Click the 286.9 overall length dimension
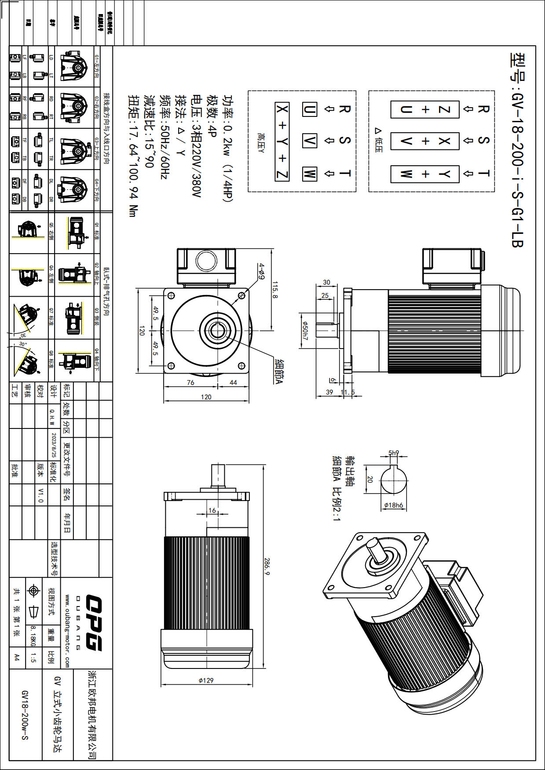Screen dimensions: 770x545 pyautogui.click(x=267, y=567)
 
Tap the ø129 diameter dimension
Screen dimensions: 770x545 pyautogui.click(x=206, y=680)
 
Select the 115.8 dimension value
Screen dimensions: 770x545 pyautogui.click(x=275, y=290)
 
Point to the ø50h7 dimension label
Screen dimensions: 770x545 pyautogui.click(x=305, y=331)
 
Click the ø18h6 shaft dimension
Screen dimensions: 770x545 pyautogui.click(x=393, y=505)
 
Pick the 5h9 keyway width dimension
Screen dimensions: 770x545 pyautogui.click(x=393, y=453)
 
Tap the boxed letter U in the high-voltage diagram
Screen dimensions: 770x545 pyautogui.click(x=309, y=109)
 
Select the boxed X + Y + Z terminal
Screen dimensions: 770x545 pyautogui.click(x=282, y=142)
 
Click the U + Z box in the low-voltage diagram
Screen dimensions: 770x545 pyautogui.click(x=425, y=109)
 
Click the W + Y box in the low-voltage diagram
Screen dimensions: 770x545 pyautogui.click(x=425, y=174)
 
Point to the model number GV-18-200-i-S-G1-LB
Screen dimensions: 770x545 pyautogui.click(x=517, y=149)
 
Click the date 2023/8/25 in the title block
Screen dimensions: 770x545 pyautogui.click(x=54, y=445)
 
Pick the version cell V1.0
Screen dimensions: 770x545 pyautogui.click(x=40, y=495)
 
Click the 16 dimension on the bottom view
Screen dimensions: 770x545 pyautogui.click(x=212, y=510)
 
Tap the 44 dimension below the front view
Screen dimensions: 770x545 pyautogui.click(x=233, y=383)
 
